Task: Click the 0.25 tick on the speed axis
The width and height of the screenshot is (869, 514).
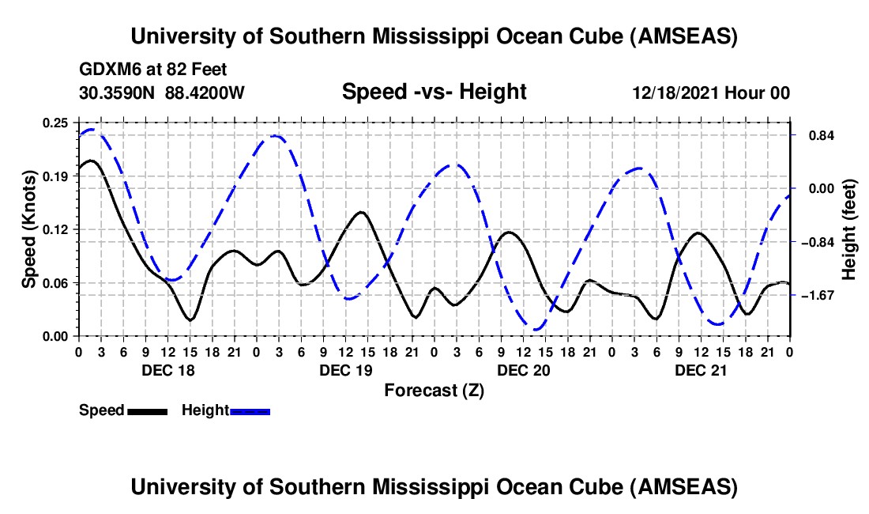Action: [x=56, y=123]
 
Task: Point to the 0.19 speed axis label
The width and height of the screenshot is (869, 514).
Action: [x=56, y=176]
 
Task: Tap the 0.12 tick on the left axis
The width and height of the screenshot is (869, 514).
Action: [x=56, y=229]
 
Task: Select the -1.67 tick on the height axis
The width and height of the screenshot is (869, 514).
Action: [x=817, y=295]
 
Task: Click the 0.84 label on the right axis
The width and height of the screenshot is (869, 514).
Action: [x=818, y=135]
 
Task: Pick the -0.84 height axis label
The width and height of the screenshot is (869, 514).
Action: [x=817, y=242]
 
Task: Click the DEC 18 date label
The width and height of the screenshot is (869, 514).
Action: [x=167, y=369]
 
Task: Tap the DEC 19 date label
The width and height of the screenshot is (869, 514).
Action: [x=345, y=369]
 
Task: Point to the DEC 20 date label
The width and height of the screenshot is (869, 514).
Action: [x=523, y=369]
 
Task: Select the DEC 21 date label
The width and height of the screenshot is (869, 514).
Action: [x=701, y=369]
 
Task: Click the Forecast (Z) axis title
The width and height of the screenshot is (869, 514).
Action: [x=433, y=390]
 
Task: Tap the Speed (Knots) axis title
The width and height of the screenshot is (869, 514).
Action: [x=29, y=229]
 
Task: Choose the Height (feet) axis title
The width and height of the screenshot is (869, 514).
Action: [x=850, y=229]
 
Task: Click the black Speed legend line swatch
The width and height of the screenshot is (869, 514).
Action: [x=147, y=410]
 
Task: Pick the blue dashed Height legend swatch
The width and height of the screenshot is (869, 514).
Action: [x=250, y=410]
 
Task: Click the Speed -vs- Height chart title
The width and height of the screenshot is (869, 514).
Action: [x=434, y=93]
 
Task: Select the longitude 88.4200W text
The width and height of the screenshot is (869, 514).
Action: [x=205, y=93]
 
